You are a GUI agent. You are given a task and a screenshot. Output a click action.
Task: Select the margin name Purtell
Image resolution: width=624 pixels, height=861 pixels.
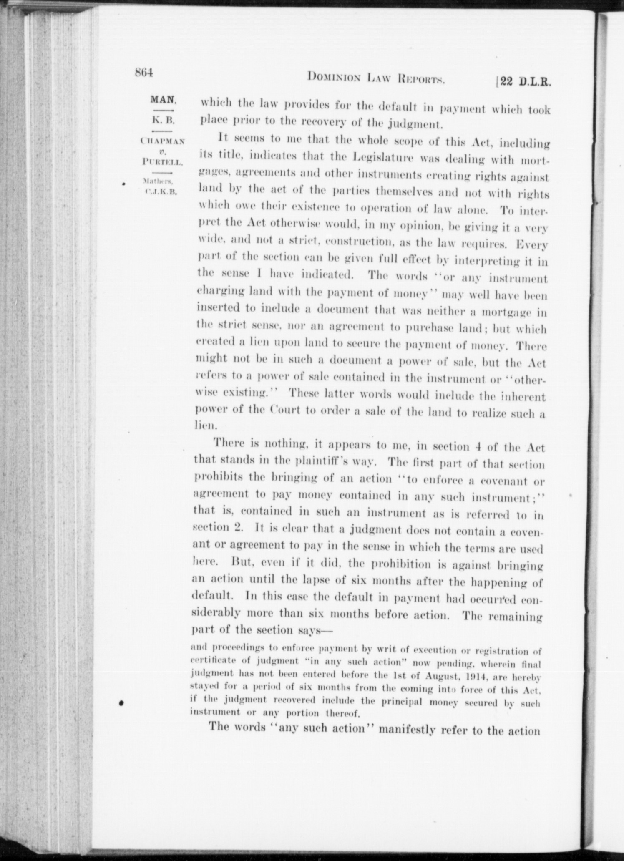click(163, 161)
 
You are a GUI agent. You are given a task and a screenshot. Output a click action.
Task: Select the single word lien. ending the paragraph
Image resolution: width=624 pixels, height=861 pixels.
click(206, 426)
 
